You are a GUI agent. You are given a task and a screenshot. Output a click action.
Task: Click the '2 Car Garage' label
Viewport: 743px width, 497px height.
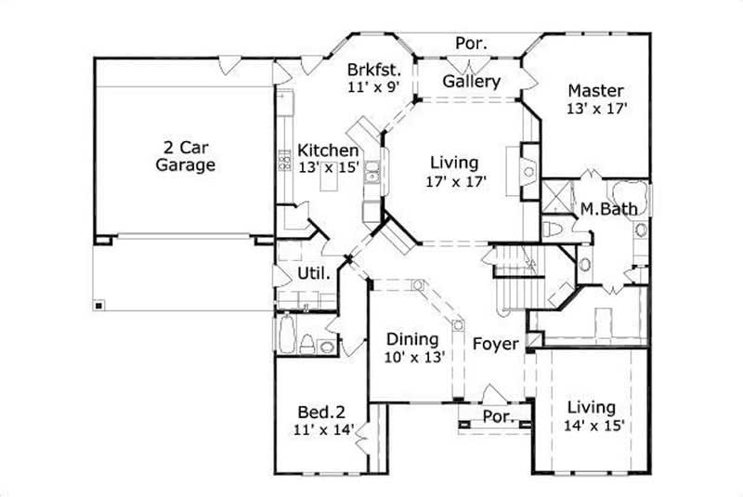(186, 155)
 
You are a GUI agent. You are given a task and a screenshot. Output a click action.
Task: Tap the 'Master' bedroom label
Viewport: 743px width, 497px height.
(595, 90)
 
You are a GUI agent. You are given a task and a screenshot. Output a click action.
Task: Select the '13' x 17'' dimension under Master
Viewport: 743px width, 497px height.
(598, 108)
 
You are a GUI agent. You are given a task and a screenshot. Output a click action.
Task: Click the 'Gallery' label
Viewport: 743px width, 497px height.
(471, 81)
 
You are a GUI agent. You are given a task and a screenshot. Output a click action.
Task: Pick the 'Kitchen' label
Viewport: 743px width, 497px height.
(328, 150)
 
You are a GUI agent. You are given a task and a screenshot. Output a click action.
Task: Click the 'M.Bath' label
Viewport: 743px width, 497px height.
(608, 209)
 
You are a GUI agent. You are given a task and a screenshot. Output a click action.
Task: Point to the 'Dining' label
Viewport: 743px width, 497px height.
(412, 339)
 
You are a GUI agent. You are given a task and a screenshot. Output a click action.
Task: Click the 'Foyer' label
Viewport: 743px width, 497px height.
(495, 345)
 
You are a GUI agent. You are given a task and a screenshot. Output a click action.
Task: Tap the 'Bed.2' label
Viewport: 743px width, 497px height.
(320, 412)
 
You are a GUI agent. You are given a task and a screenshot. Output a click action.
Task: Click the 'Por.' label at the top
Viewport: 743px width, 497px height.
(468, 43)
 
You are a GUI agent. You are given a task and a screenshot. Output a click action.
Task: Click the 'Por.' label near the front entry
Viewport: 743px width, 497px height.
(498, 417)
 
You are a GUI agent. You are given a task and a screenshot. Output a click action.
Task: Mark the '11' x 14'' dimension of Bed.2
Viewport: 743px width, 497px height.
(324, 430)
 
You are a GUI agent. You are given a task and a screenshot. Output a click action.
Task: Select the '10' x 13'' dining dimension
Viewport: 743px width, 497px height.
(415, 357)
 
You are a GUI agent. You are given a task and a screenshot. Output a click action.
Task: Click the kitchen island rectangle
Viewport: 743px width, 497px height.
(328, 183)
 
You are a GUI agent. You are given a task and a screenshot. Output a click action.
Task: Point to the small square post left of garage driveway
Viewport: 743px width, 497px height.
(98, 305)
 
